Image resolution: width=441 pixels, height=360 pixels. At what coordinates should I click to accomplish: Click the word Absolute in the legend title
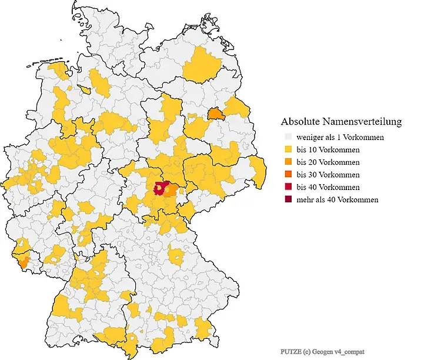click(x=300, y=122)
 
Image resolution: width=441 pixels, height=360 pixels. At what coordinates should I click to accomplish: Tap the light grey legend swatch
click(x=288, y=137)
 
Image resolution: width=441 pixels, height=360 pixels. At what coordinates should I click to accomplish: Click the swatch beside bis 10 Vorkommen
click(x=288, y=149)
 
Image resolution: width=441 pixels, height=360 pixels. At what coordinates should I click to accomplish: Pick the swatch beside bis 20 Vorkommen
click(x=288, y=162)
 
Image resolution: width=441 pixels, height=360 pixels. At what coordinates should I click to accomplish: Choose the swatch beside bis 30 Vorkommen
click(x=288, y=175)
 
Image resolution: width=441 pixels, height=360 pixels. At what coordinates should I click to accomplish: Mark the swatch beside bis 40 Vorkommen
click(x=288, y=187)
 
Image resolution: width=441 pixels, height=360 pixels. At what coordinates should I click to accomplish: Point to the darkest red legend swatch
click(x=288, y=199)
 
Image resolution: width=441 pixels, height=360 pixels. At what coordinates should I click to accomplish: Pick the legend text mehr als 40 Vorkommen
click(x=337, y=199)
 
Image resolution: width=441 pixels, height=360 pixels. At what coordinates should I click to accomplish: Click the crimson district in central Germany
click(x=159, y=188)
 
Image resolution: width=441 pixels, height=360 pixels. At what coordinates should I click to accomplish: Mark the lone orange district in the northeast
click(x=216, y=113)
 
